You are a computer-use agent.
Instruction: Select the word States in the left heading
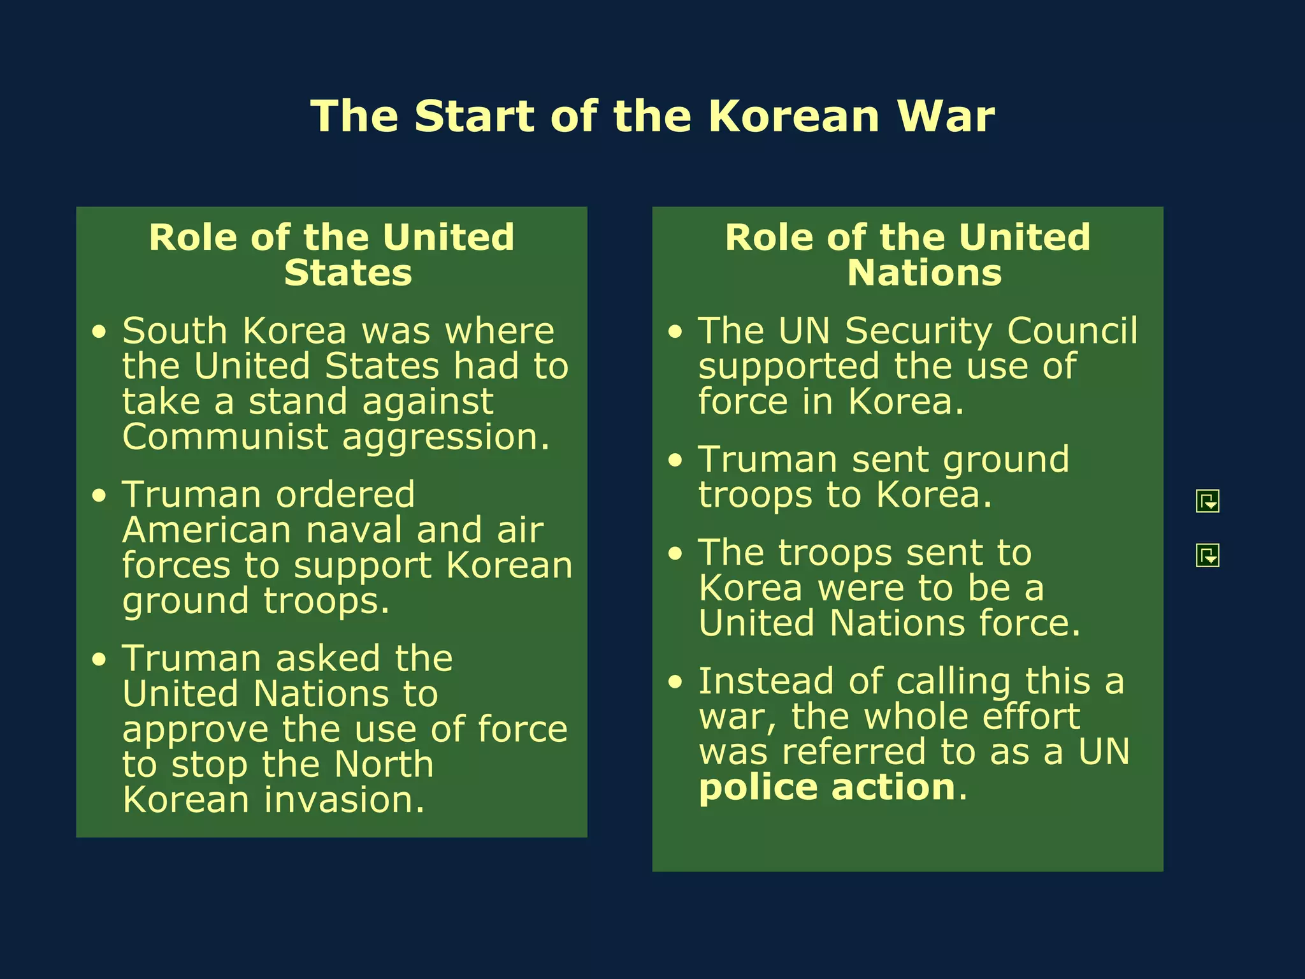tap(348, 273)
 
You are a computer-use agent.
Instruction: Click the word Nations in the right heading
tap(924, 273)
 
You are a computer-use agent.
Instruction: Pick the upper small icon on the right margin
tap(1208, 501)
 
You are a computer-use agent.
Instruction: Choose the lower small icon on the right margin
tap(1208, 555)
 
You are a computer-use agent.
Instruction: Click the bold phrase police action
tap(827, 788)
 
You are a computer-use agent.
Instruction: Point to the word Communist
tap(226, 437)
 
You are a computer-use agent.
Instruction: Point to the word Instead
tap(766, 681)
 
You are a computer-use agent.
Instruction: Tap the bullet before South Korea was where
tap(99, 332)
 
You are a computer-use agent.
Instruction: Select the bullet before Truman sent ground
tap(675, 461)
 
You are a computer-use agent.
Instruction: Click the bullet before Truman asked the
tap(99, 660)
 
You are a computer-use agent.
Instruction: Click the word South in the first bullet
tap(175, 331)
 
